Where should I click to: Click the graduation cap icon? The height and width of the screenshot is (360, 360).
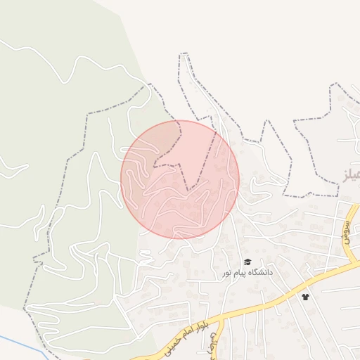coord(247,262)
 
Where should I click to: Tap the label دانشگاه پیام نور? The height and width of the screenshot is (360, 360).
coord(247,272)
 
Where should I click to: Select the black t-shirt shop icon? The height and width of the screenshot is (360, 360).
coord(305,297)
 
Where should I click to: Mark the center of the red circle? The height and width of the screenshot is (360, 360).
coord(180,179)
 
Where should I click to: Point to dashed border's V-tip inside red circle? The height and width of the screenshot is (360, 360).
coord(188,190)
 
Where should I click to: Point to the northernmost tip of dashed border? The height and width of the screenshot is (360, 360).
coord(184,54)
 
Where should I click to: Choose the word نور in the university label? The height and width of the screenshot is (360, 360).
coord(229,273)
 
